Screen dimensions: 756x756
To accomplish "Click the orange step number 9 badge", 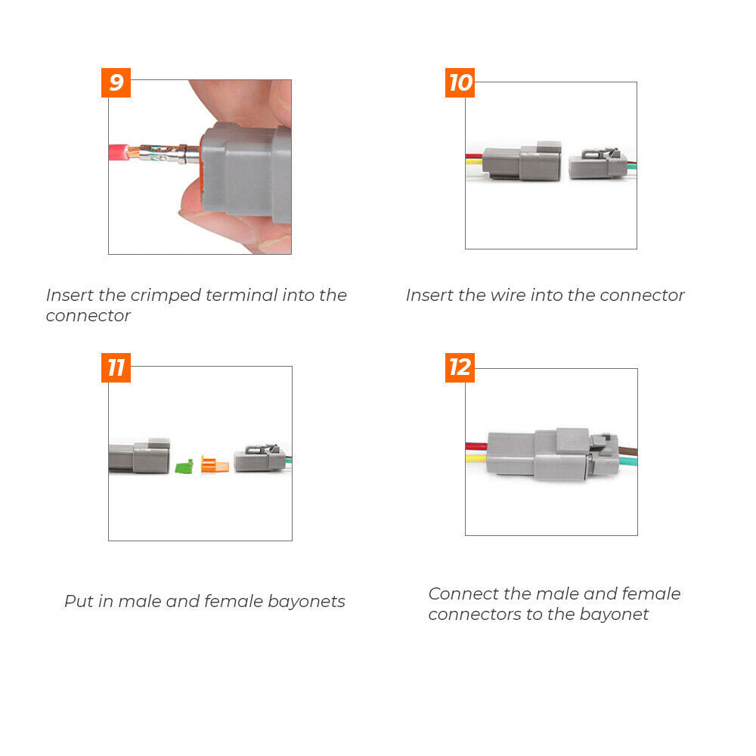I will click(116, 82).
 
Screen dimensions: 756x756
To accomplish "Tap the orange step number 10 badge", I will click(460, 82).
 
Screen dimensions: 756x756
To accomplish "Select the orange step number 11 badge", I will click(116, 368).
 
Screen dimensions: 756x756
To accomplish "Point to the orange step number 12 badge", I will click(460, 368).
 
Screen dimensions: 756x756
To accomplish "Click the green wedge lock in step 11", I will click(184, 466).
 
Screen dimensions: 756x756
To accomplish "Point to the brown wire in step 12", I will click(627, 451).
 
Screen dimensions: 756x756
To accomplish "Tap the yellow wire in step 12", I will click(477, 458).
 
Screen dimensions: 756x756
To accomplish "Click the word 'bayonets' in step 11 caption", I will click(306, 602).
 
